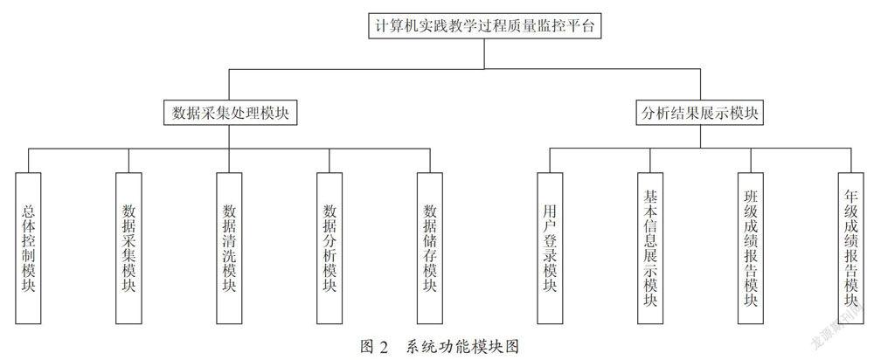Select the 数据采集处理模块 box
click(229, 112)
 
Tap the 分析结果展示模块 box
click(700, 112)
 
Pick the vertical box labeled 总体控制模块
click(29, 248)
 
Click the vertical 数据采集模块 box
click(128, 248)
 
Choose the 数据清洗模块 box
click(229, 248)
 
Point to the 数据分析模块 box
click(329, 248)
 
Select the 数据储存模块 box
click(430, 248)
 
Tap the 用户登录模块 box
click(550, 248)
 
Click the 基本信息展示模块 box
click(650, 248)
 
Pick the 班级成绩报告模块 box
click(751, 248)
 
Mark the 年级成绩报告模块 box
click(851, 248)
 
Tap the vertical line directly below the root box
click(484, 53)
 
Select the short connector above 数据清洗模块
click(229, 161)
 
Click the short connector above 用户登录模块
click(550, 161)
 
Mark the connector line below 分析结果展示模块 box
click(700, 136)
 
